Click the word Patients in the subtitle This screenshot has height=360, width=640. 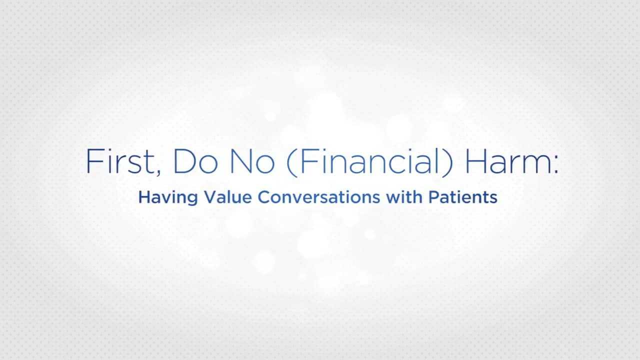[462, 197]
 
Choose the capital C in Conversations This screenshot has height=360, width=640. [263, 197]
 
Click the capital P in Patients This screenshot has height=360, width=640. [432, 197]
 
